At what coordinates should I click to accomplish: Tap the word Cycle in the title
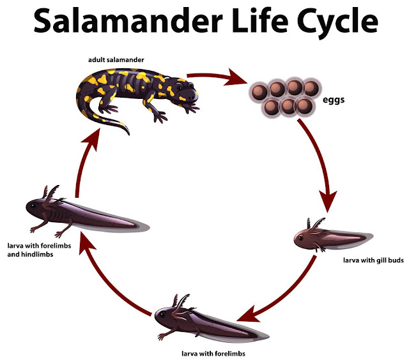pos(332,24)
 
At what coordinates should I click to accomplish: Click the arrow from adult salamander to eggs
pos(224,80)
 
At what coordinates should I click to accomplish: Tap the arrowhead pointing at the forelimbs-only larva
pos(246,315)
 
